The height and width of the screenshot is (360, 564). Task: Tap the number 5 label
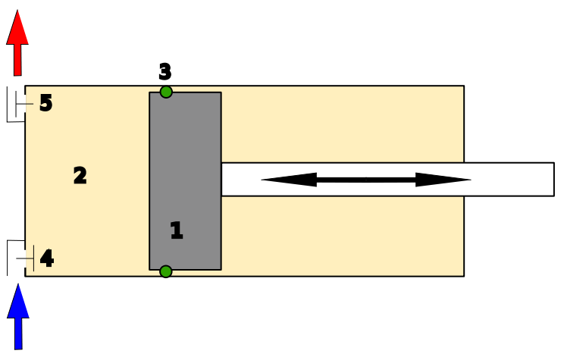click(45, 103)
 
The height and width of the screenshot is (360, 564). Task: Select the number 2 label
click(80, 176)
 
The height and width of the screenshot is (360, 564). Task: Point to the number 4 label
click(46, 258)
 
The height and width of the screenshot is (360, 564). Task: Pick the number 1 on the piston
click(176, 230)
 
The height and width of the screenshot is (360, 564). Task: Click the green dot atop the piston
click(166, 92)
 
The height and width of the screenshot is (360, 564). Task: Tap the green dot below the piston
click(166, 271)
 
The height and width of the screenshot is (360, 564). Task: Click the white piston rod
click(515, 180)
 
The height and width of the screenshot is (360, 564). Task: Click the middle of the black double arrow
click(366, 180)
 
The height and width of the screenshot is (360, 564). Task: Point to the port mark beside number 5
click(28, 104)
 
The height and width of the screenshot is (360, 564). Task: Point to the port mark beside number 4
click(29, 258)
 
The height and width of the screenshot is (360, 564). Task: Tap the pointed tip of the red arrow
click(17, 11)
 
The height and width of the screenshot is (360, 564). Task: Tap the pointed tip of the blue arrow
click(18, 286)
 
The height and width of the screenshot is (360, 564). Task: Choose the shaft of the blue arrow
click(18, 333)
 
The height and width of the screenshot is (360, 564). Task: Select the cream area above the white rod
click(341, 125)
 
